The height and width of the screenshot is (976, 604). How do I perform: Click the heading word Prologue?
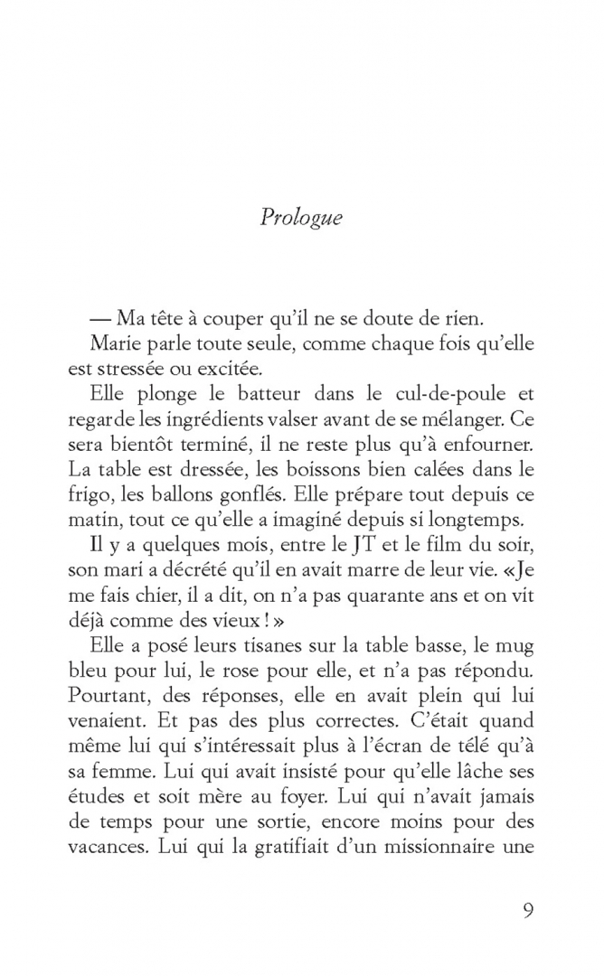click(x=302, y=218)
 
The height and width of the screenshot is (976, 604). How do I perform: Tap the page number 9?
click(x=528, y=909)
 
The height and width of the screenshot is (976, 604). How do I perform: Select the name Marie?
click(x=115, y=343)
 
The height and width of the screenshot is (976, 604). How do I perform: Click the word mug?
click(x=516, y=647)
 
